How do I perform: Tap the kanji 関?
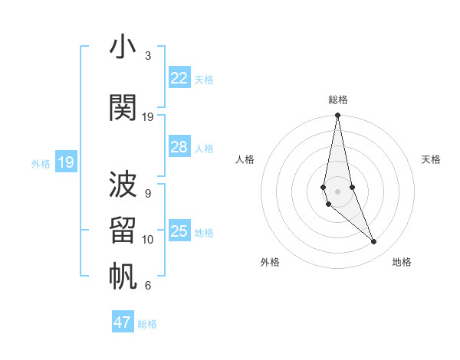pyautogui.click(x=123, y=108)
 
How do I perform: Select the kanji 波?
pyautogui.click(x=123, y=185)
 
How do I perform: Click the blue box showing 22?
pyautogui.click(x=179, y=78)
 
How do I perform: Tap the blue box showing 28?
pyautogui.click(x=179, y=147)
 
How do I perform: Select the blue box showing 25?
pyautogui.click(x=179, y=231)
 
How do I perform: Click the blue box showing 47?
pyautogui.click(x=123, y=322)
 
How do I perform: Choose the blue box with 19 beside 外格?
pyautogui.click(x=65, y=162)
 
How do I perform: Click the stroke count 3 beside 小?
pyautogui.click(x=147, y=56)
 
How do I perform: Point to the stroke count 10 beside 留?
pyautogui.click(x=148, y=240)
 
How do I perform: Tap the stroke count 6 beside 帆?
pyautogui.click(x=147, y=286)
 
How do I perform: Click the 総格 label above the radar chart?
pyautogui.click(x=337, y=100)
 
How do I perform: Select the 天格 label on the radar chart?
pyautogui.click(x=431, y=159)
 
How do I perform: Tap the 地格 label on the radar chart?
pyautogui.click(x=402, y=262)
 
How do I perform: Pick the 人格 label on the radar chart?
pyautogui.click(x=245, y=159)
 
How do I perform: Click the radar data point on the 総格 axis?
pyautogui.click(x=337, y=116)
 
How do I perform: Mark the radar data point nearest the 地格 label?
pyautogui.click(x=374, y=242)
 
